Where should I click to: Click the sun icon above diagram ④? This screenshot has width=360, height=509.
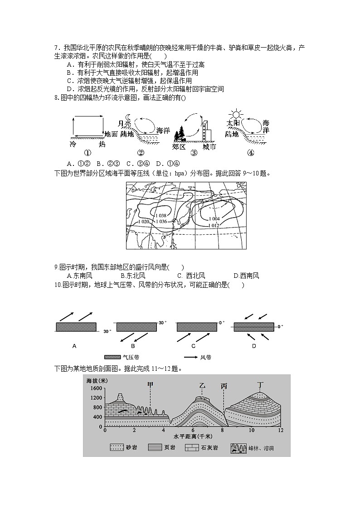coord(236,113)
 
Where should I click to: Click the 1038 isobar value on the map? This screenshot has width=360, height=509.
coord(161,215)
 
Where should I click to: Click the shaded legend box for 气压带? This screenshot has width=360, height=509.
coord(113,357)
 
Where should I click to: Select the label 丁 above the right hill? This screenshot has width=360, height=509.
coord(260,385)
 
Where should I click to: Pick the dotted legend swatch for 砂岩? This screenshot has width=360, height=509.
coord(117,448)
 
